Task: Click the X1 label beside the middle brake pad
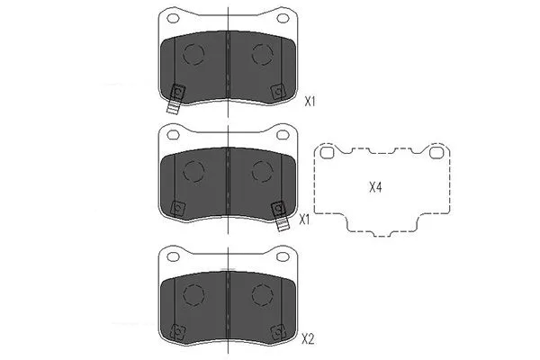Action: click(304, 218)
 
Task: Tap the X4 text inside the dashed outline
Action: click(376, 188)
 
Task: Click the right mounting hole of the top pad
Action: click(283, 18)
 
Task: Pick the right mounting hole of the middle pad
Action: click(283, 136)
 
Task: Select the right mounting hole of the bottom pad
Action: click(283, 256)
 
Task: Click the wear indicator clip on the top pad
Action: click(176, 97)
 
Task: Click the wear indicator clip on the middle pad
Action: click(280, 213)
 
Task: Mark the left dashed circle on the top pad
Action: click(194, 54)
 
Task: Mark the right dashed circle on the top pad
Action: click(262, 54)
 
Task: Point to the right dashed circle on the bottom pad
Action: click(262, 292)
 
